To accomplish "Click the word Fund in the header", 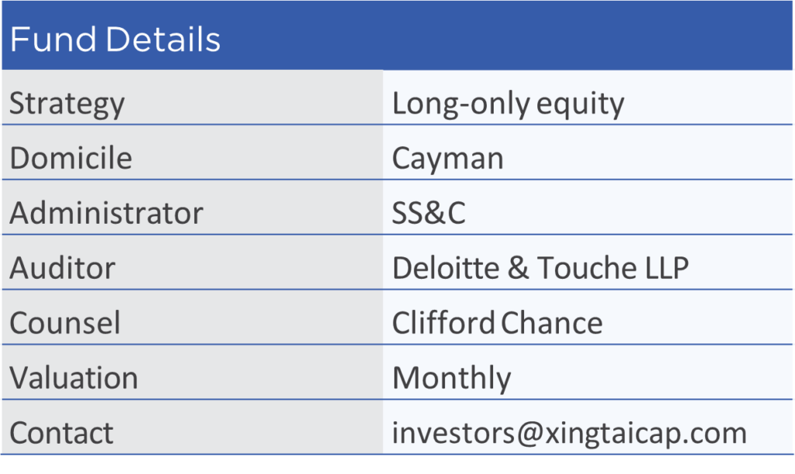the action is coord(54,39).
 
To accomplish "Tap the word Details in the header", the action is coord(163,39).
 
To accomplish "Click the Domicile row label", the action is coord(71,158).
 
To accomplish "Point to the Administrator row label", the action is coord(106,213).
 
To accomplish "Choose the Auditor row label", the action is coord(62,267).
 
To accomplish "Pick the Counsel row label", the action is coord(65,322).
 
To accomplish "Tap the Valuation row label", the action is coord(74,378).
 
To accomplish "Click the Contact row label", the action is coord(61,433).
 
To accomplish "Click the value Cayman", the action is coord(448,159).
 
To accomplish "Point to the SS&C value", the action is coord(429,213).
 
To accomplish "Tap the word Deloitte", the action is coord(446,267).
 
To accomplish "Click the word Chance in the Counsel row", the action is coord(552,322).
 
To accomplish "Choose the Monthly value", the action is coord(452,379).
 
